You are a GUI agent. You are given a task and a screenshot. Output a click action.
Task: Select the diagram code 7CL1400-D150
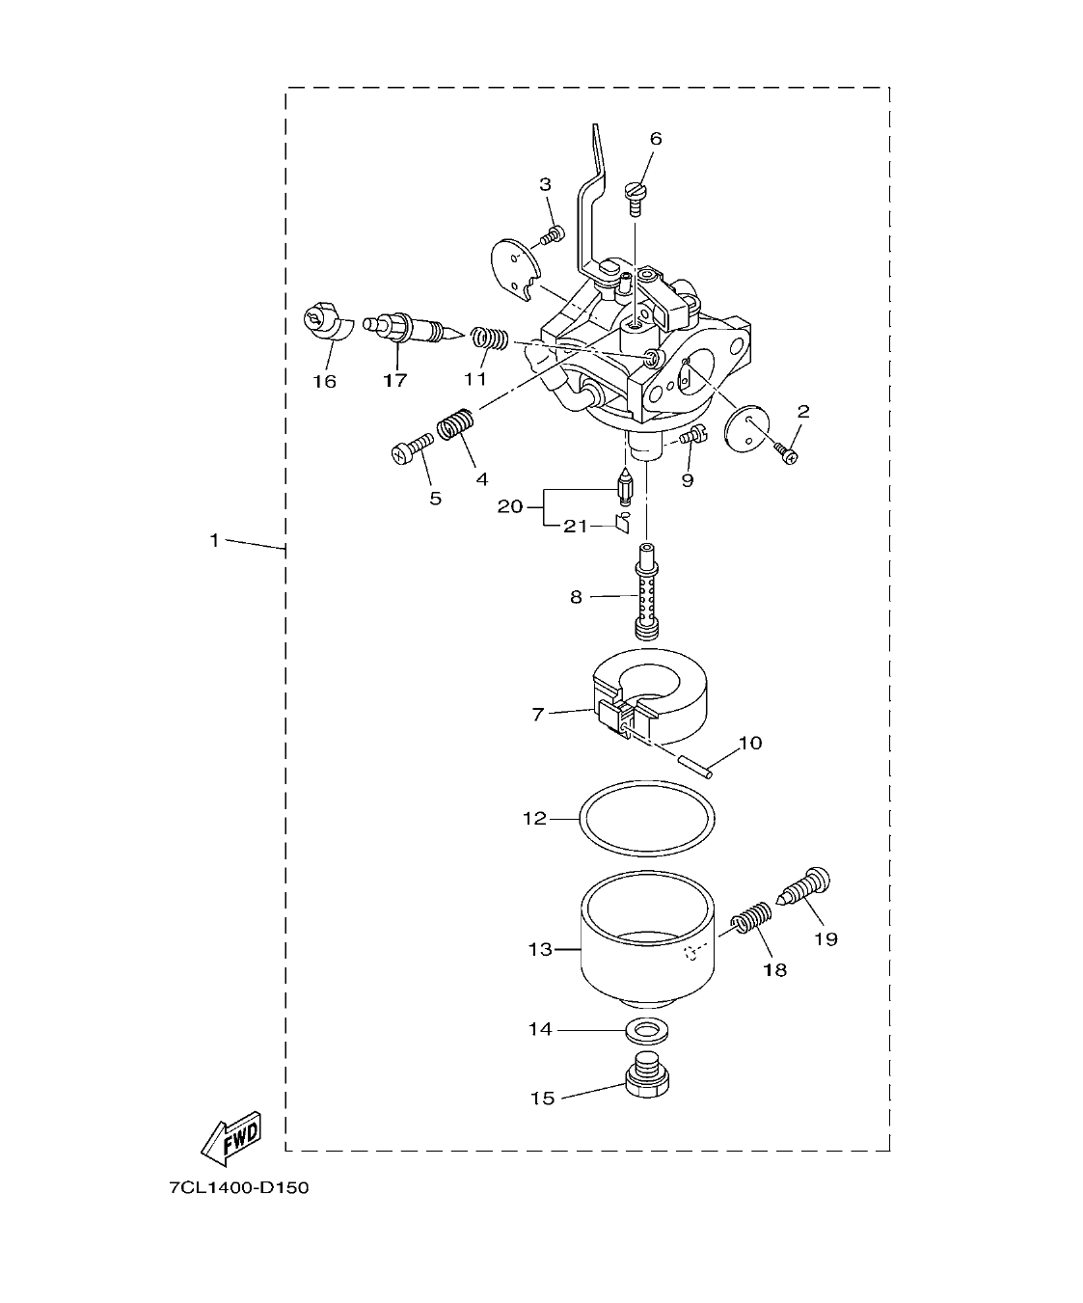(x=238, y=1188)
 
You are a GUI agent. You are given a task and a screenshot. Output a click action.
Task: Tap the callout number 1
(x=215, y=541)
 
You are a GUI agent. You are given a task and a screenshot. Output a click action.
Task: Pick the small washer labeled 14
(x=642, y=1030)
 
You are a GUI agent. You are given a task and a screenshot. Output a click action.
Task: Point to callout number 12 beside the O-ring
(x=534, y=819)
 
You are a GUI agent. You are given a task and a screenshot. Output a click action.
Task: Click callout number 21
(x=575, y=527)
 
